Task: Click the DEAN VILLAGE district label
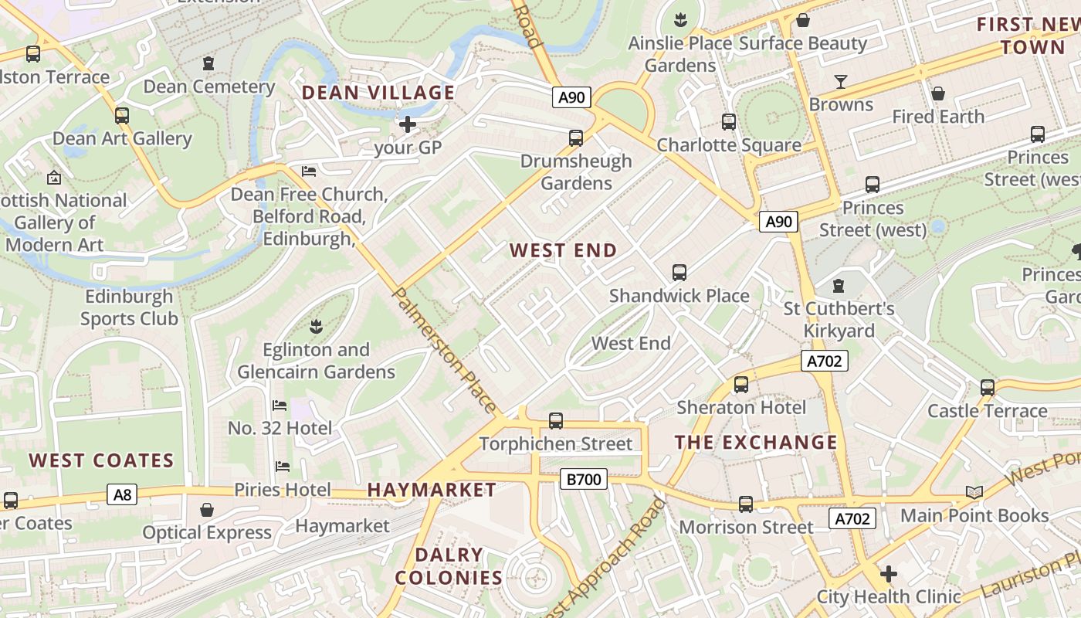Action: pyautogui.click(x=378, y=93)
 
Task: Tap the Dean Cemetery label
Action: pyautogui.click(x=209, y=86)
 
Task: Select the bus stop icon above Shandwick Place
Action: pyautogui.click(x=679, y=273)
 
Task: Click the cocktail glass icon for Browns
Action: pyautogui.click(x=841, y=81)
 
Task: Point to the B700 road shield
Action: pyautogui.click(x=584, y=480)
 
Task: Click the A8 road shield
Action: pyautogui.click(x=122, y=494)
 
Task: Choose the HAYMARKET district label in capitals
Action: pyautogui.click(x=432, y=490)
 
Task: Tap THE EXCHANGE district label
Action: pyautogui.click(x=756, y=443)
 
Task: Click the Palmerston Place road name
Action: pyautogui.click(x=445, y=350)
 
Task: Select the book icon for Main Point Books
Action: pyautogui.click(x=974, y=493)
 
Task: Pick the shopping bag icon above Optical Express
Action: pyautogui.click(x=206, y=510)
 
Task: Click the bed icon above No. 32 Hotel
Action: pyautogui.click(x=280, y=406)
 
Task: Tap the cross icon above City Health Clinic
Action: pyautogui.click(x=889, y=574)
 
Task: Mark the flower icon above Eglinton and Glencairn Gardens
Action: pyautogui.click(x=315, y=326)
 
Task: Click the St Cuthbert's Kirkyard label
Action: pyautogui.click(x=839, y=320)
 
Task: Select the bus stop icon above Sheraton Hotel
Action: pyautogui.click(x=741, y=385)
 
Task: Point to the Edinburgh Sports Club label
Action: pyautogui.click(x=129, y=307)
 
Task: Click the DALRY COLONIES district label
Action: pyautogui.click(x=449, y=566)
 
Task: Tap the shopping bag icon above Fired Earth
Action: pyautogui.click(x=938, y=93)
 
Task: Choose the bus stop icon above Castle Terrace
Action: pyautogui.click(x=988, y=388)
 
